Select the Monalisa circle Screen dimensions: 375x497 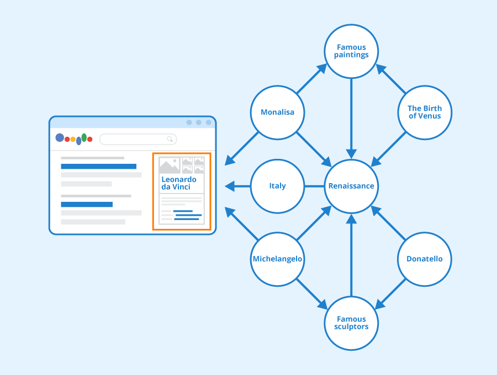[277, 113]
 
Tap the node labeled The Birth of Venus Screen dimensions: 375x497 [425, 113]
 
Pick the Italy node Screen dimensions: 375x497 [277, 186]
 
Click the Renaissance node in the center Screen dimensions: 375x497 [351, 186]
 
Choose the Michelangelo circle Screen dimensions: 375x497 [277, 259]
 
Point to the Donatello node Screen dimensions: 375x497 [425, 259]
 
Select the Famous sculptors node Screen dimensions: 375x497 [351, 323]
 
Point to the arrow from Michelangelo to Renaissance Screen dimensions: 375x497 [313, 223]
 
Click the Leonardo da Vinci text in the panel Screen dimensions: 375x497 [178, 183]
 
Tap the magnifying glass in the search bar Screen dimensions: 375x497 [171, 139]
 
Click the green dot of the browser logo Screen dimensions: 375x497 [84, 137]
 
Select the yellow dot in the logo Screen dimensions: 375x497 [73, 140]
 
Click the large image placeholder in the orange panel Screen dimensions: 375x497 [169, 165]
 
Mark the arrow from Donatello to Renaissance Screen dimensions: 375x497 [389, 223]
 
